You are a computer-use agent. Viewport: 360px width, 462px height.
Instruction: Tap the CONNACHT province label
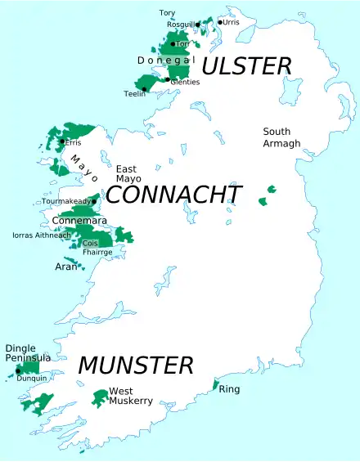[x=174, y=195]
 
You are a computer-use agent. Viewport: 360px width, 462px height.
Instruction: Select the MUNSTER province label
[x=136, y=366]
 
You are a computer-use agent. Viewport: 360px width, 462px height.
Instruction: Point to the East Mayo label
[x=129, y=173]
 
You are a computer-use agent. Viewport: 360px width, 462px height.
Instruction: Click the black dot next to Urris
[x=220, y=22]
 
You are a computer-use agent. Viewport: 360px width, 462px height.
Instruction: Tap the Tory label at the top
[x=167, y=13]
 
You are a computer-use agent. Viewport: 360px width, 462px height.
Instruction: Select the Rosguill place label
[x=181, y=25]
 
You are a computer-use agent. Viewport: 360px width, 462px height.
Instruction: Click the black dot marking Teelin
[x=144, y=89]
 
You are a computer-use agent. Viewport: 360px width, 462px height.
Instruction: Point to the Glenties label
[x=185, y=82]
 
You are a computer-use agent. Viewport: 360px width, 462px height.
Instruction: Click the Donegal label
[x=165, y=61]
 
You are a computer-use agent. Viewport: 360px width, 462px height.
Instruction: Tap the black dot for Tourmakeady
[x=95, y=200]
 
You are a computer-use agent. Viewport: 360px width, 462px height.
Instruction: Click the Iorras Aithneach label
[x=41, y=235]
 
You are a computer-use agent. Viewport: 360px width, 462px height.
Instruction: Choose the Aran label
[x=65, y=267]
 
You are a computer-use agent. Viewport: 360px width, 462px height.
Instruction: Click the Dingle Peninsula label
[x=28, y=353]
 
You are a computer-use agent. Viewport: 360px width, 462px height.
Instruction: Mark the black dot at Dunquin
[x=18, y=371]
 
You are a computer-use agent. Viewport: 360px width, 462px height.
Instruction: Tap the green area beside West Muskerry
[x=100, y=398]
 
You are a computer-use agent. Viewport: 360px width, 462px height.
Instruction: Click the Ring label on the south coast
[x=229, y=389]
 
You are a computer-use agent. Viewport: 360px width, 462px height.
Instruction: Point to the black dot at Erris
[x=62, y=141]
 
